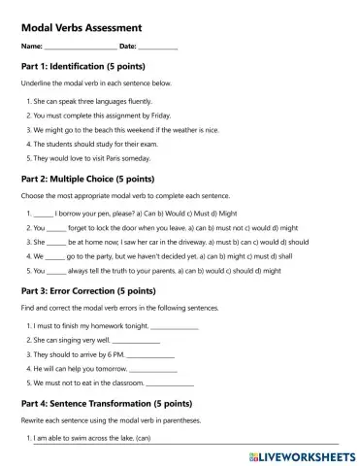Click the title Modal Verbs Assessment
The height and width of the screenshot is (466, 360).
81,28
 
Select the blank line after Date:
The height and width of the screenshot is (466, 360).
158,48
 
